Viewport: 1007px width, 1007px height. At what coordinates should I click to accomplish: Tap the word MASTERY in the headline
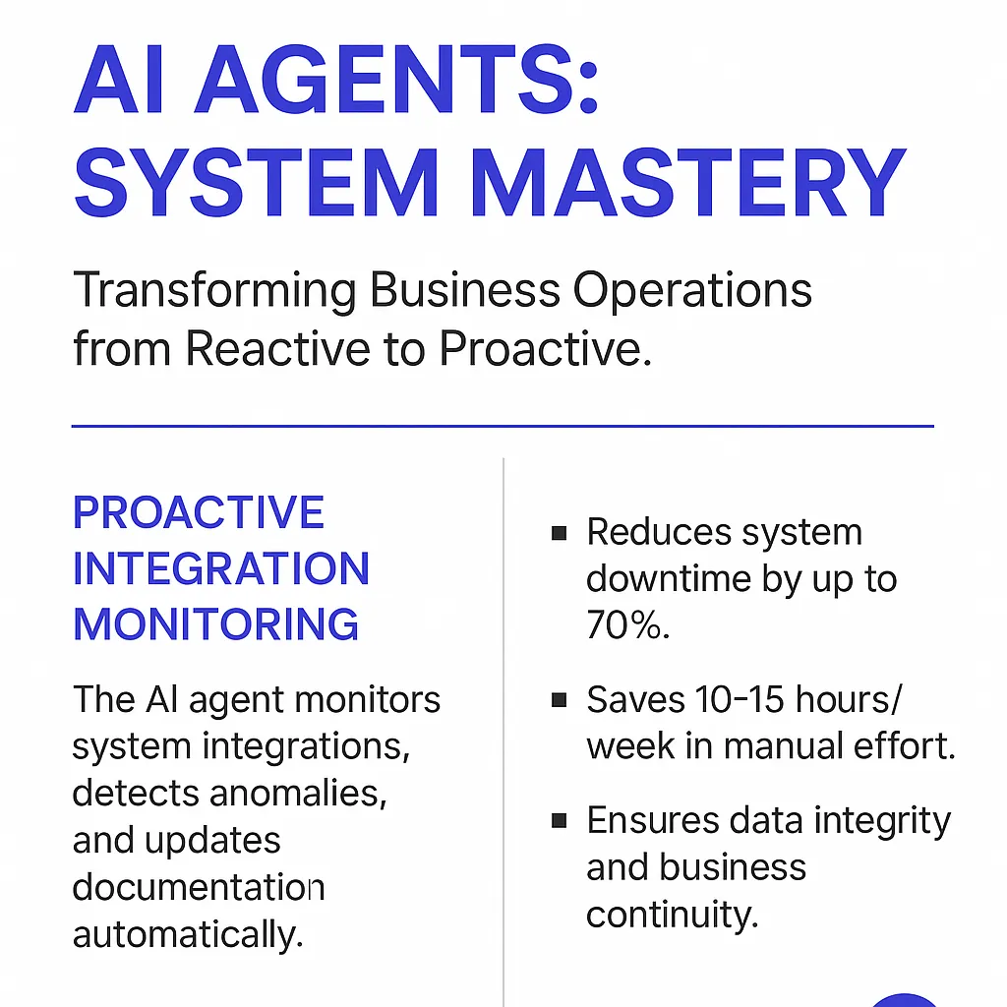pyautogui.click(x=687, y=182)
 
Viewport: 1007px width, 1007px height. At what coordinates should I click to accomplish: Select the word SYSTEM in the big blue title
pyautogui.click(x=257, y=182)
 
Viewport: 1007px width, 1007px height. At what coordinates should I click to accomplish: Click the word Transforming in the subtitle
pyautogui.click(x=214, y=292)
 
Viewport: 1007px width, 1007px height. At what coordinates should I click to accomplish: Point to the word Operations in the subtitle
pyautogui.click(x=692, y=292)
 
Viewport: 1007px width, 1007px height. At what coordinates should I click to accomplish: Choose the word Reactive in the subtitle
pyautogui.click(x=277, y=349)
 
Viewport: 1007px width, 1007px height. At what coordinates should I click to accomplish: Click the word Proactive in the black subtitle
pyautogui.click(x=545, y=349)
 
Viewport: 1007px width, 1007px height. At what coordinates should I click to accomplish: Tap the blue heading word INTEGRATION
pyautogui.click(x=221, y=568)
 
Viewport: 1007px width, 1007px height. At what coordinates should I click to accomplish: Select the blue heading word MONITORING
pyautogui.click(x=215, y=624)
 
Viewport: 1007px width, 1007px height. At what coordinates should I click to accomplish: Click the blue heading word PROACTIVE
pyautogui.click(x=199, y=512)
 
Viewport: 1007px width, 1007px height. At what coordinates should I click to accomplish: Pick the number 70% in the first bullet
pyautogui.click(x=627, y=624)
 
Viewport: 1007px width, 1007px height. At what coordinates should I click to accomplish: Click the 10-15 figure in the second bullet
pyautogui.click(x=740, y=699)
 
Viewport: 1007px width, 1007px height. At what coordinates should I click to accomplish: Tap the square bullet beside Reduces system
pyautogui.click(x=559, y=533)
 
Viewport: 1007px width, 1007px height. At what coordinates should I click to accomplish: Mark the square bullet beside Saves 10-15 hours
pyautogui.click(x=559, y=700)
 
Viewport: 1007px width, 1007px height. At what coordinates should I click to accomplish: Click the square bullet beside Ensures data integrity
pyautogui.click(x=559, y=821)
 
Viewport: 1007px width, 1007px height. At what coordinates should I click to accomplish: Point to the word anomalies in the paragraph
pyautogui.click(x=298, y=794)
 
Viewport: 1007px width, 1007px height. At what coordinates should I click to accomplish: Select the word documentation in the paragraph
pyautogui.click(x=199, y=887)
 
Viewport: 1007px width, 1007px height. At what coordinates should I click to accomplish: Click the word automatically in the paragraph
pyautogui.click(x=188, y=935)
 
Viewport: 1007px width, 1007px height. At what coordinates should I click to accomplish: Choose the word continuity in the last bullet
pyautogui.click(x=673, y=915)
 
